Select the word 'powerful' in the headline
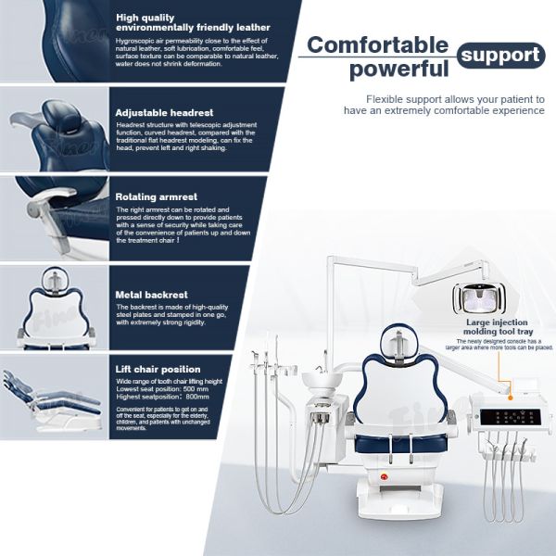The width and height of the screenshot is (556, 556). tap(398, 69)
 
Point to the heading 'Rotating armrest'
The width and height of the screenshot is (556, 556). tap(156, 196)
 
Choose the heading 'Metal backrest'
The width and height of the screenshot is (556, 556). tap(152, 294)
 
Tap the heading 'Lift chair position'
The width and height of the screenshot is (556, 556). tap(158, 368)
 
